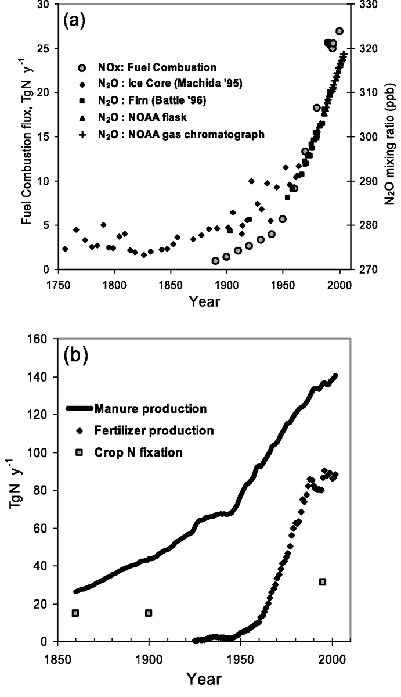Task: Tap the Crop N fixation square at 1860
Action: click(x=75, y=613)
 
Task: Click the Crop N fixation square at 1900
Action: click(x=149, y=613)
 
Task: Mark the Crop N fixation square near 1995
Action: click(x=323, y=581)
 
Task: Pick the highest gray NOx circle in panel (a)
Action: click(x=339, y=31)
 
